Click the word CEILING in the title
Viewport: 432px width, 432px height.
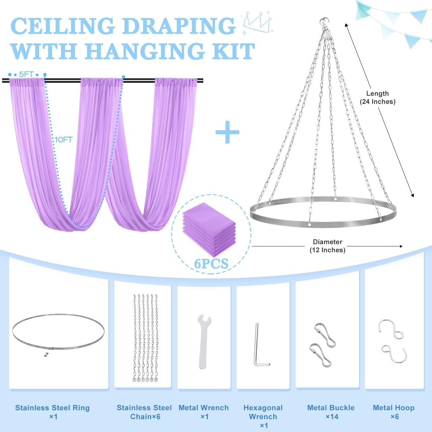(63, 26)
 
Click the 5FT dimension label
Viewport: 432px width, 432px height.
(26, 74)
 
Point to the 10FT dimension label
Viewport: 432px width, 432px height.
(64, 139)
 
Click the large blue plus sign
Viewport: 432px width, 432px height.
(227, 132)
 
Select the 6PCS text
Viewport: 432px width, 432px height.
(211, 263)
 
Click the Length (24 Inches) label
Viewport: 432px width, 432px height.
(377, 98)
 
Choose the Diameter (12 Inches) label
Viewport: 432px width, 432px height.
(327, 246)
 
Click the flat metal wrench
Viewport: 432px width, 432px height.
(204, 341)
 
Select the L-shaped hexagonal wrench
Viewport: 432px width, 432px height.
(260, 346)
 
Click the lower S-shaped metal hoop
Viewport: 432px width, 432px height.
(394, 353)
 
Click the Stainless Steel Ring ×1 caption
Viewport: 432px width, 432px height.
(53, 412)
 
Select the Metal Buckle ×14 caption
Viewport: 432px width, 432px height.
(331, 412)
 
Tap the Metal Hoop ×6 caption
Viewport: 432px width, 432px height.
(394, 412)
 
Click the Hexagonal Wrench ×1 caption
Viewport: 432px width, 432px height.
(263, 416)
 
